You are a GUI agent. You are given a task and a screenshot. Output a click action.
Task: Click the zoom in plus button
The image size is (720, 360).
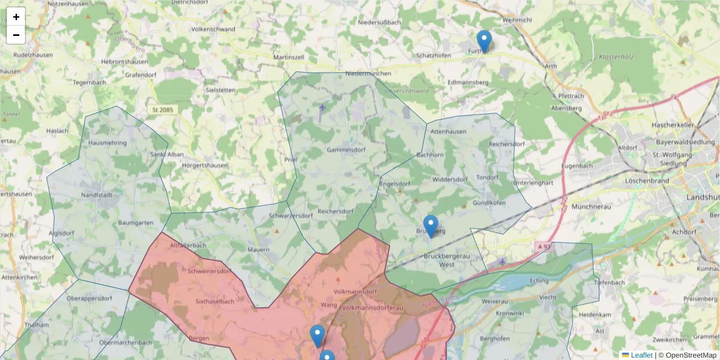coord(16,17)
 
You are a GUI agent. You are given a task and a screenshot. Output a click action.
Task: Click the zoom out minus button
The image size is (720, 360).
coord(16,35)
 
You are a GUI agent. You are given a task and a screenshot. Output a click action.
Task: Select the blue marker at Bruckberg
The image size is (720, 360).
coord(431,226)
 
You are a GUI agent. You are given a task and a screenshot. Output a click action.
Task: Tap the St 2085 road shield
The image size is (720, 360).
coord(163,110)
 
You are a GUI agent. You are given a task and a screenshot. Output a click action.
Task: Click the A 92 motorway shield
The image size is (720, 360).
coord(542,246)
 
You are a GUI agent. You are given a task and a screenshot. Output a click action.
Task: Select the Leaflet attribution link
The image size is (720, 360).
coord(641,355)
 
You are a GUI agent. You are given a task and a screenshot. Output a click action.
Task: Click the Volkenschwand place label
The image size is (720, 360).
coord(213,28)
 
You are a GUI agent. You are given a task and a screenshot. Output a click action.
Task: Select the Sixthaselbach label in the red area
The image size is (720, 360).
coord(215,301)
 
